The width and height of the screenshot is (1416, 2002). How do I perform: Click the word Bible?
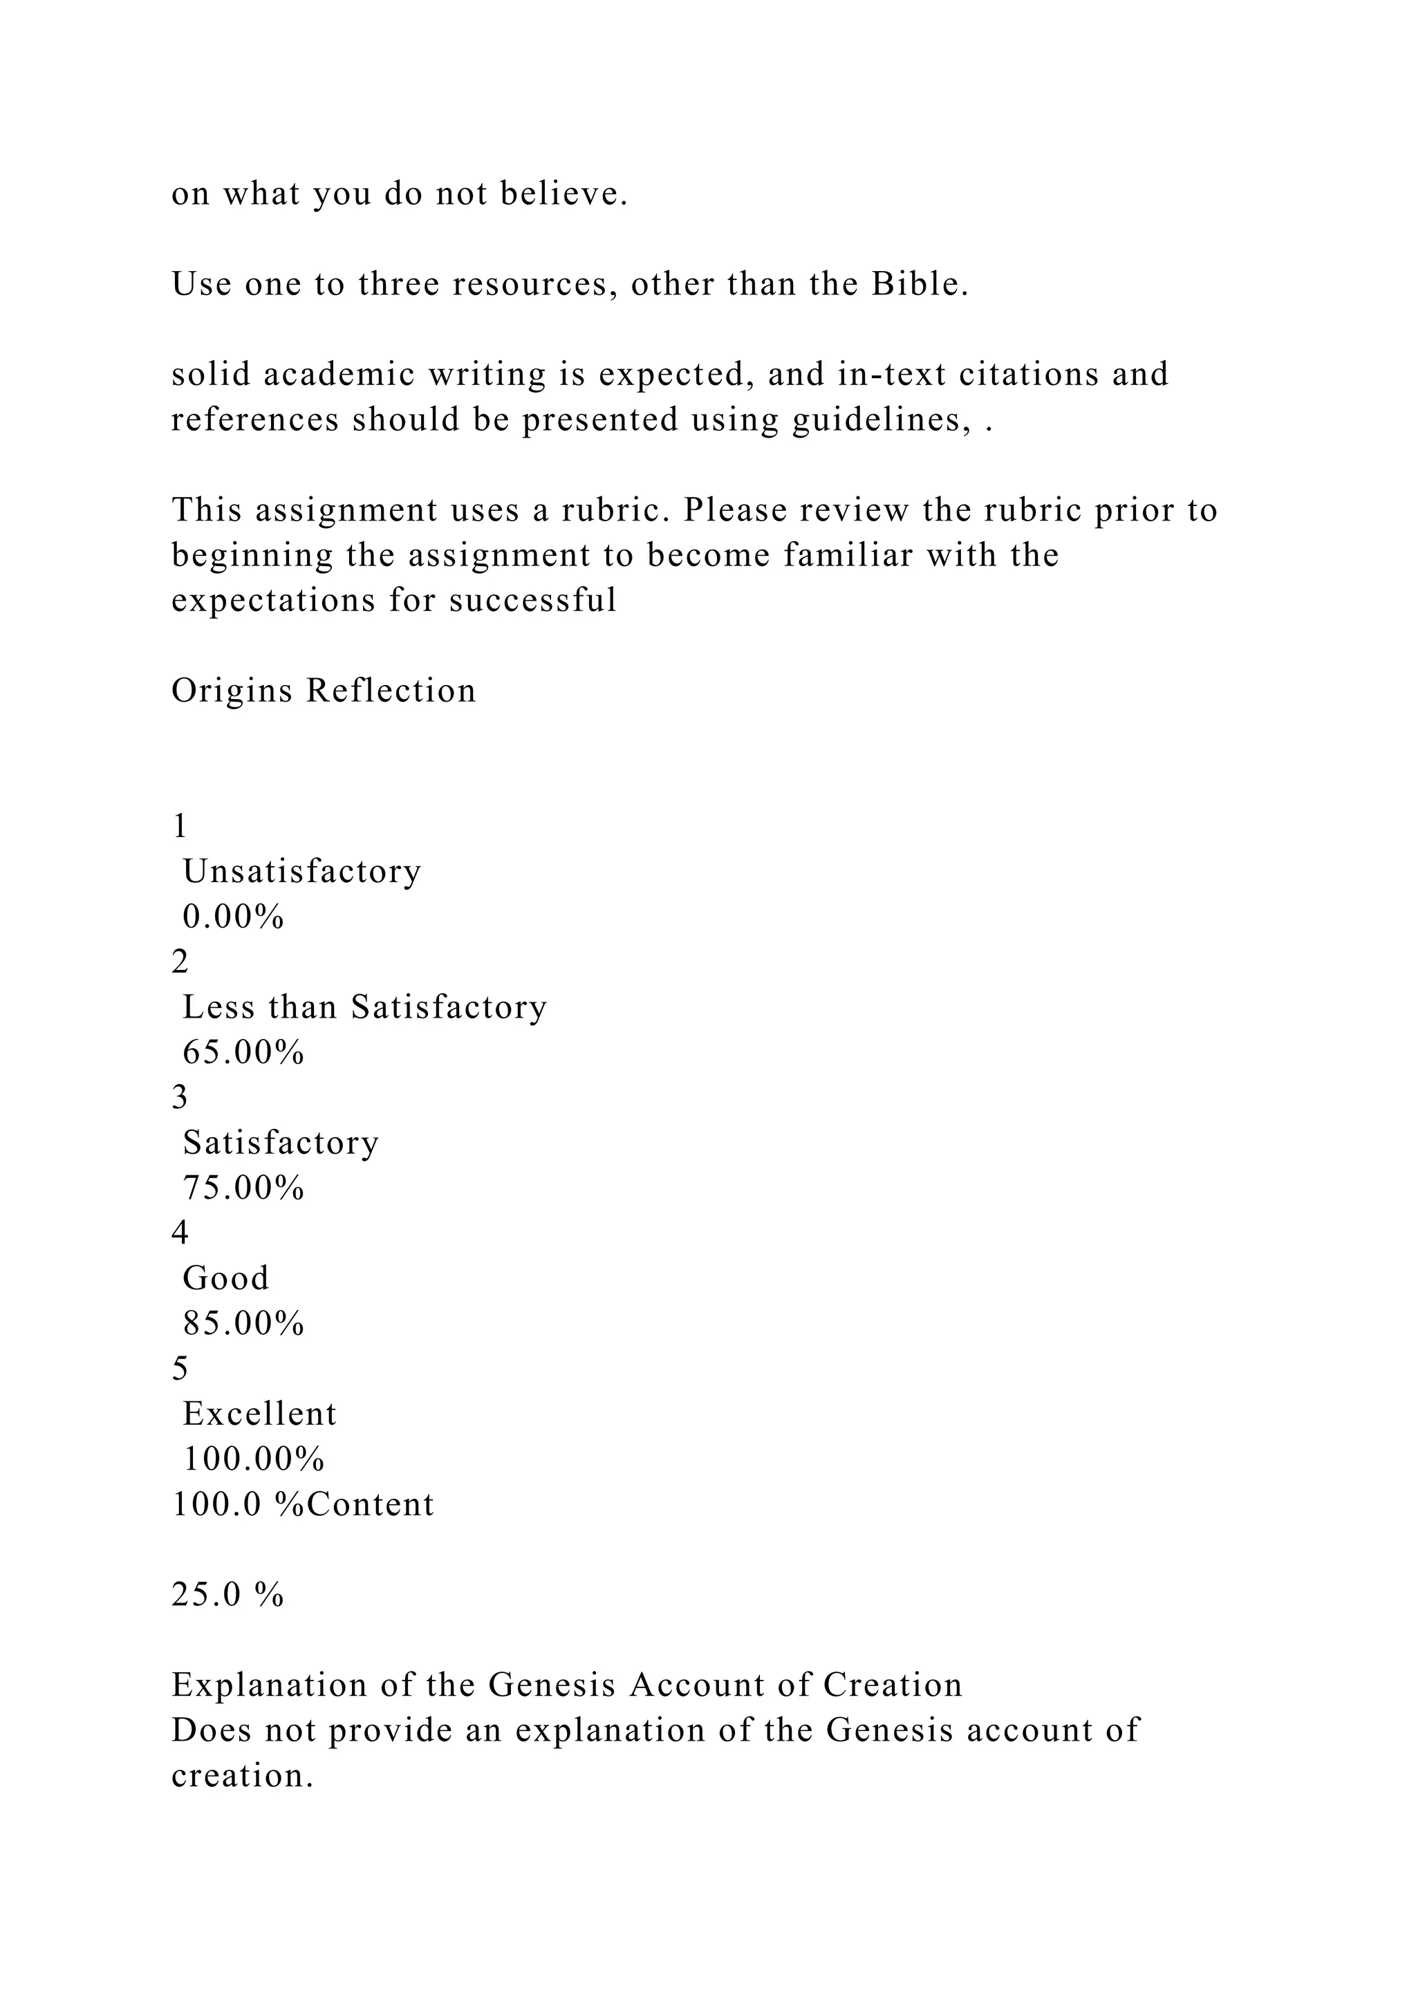(918, 284)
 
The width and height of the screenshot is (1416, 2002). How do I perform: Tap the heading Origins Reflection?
(324, 691)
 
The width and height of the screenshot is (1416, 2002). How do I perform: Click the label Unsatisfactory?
(301, 871)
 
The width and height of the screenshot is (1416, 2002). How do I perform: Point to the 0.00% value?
(234, 917)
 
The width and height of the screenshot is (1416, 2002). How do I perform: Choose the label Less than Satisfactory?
(364, 1007)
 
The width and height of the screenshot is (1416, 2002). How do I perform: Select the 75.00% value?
(243, 1188)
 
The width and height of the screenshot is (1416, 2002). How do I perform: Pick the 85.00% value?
(243, 1324)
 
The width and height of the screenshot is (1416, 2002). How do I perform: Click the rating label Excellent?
(259, 1414)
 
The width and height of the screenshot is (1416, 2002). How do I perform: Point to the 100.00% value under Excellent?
(254, 1459)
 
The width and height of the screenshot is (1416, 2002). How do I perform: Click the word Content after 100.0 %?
(371, 1504)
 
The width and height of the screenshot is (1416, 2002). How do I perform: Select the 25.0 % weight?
(227, 1595)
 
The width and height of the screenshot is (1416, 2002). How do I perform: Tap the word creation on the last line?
(241, 1776)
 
